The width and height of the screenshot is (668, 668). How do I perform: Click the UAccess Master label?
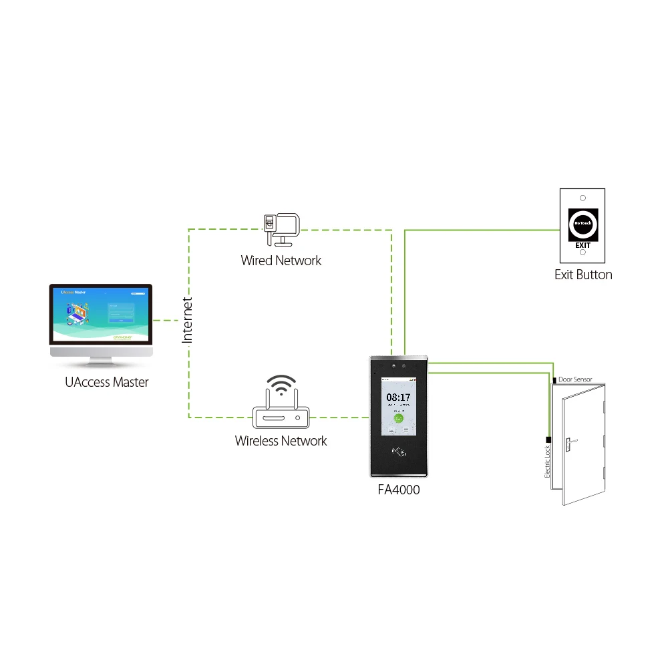[x=107, y=383]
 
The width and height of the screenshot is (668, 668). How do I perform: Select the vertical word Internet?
[x=188, y=321]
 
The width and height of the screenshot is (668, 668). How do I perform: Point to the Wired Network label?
[x=281, y=261]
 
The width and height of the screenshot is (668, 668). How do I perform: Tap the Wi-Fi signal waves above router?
[x=281, y=386]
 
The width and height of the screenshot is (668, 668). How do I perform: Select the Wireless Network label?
[x=281, y=441]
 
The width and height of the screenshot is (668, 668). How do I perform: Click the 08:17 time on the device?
[x=399, y=397]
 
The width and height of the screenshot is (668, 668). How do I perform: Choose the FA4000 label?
[x=399, y=490]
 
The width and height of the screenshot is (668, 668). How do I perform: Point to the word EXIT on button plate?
[x=583, y=245]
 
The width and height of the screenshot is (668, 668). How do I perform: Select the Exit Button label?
[x=583, y=275]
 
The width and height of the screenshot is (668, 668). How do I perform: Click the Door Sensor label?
[x=575, y=379]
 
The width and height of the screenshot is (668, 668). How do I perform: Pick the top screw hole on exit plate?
[x=583, y=198]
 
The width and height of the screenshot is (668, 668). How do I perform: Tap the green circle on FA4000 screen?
[x=399, y=419]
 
